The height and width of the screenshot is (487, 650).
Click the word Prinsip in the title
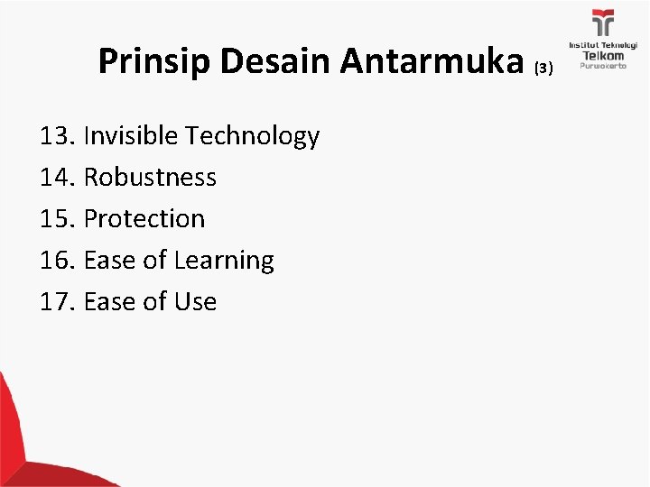[x=149, y=62]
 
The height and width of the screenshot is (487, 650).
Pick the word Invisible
[x=131, y=136]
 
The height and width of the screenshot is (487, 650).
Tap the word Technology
[x=252, y=137]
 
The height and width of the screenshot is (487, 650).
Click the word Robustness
[x=150, y=178]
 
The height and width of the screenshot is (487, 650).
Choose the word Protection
[x=144, y=219]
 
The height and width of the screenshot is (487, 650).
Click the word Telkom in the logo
[x=601, y=55]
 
